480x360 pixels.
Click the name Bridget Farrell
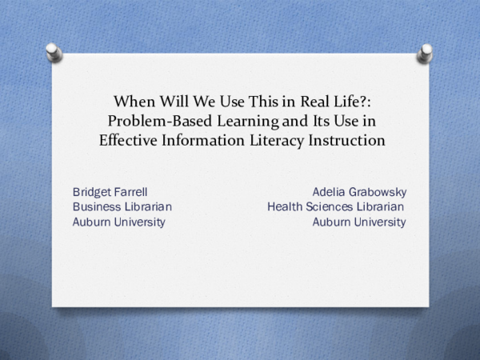(x=110, y=192)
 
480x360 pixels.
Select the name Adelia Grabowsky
(x=359, y=192)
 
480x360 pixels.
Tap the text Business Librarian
(x=122, y=207)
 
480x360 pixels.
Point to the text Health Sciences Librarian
(x=336, y=207)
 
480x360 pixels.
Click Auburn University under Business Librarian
(x=118, y=222)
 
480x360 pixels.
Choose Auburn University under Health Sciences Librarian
(x=358, y=222)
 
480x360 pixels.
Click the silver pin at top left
(x=54, y=51)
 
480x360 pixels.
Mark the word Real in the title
(x=308, y=102)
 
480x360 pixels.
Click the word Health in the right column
(x=286, y=207)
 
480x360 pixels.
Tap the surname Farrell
(x=130, y=192)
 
